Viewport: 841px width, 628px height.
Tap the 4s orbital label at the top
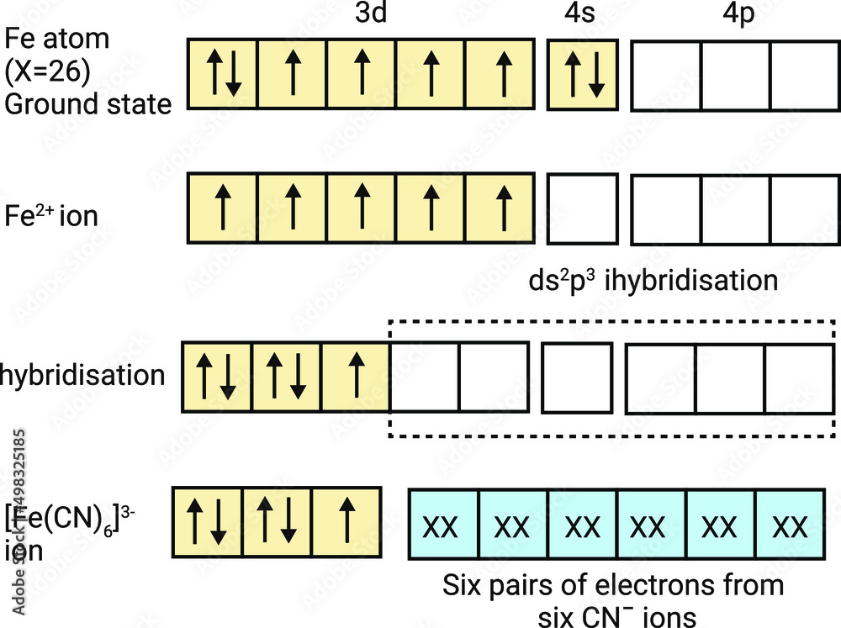tap(581, 17)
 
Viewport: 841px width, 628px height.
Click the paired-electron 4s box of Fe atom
tap(583, 74)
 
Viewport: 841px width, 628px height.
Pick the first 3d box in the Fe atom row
tap(222, 74)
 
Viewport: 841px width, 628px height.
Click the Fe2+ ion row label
tap(50, 215)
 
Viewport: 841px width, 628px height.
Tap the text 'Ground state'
tap(88, 104)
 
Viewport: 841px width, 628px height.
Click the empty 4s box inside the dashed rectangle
tap(576, 377)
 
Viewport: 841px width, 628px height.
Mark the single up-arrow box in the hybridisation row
tap(356, 377)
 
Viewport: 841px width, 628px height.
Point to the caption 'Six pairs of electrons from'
tap(613, 584)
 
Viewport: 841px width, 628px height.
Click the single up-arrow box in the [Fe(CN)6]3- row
tap(346, 522)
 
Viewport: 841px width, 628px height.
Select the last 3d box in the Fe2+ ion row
tap(502, 208)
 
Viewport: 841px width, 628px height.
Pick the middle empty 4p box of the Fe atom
tap(734, 74)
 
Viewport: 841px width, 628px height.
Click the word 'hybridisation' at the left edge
tap(82, 374)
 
